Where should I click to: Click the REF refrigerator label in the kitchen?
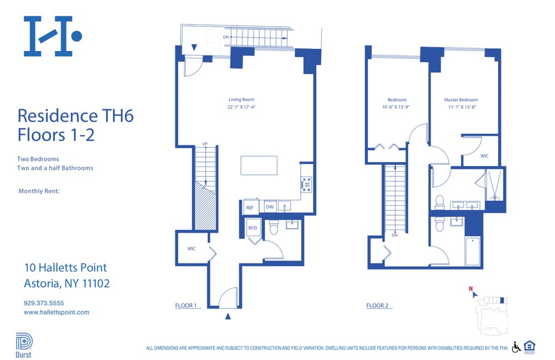click(x=250, y=207)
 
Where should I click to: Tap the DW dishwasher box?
click(x=269, y=207)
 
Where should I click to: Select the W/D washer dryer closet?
click(x=252, y=228)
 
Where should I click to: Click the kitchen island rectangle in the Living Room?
click(x=259, y=165)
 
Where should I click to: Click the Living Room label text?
click(x=241, y=99)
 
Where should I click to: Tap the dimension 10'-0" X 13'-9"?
click(x=397, y=107)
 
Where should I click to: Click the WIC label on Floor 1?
click(x=191, y=249)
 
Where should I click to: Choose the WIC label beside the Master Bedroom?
click(x=484, y=156)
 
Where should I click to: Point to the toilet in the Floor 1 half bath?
click(x=273, y=228)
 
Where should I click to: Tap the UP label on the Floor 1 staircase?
click(x=204, y=144)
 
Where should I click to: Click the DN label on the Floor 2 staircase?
click(x=394, y=235)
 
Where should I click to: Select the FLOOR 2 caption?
click(x=377, y=306)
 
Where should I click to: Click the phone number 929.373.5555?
click(x=44, y=303)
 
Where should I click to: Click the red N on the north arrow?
click(x=470, y=288)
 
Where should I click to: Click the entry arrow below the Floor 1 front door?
click(x=228, y=317)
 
